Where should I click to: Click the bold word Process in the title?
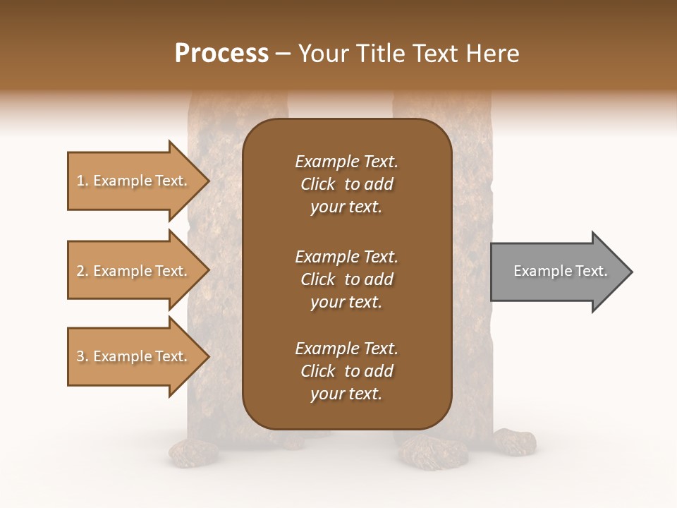pos(221,54)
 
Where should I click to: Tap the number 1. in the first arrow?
pos(83,181)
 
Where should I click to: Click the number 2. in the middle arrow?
pos(83,271)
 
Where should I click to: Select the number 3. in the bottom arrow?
pos(83,356)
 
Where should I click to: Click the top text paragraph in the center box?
pos(346,184)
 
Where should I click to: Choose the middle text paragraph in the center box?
pos(346,279)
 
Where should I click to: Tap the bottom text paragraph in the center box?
pos(346,371)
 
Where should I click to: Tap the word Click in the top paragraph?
pos(317,184)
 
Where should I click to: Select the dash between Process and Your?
pos(283,54)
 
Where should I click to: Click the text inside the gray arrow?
pos(561,271)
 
